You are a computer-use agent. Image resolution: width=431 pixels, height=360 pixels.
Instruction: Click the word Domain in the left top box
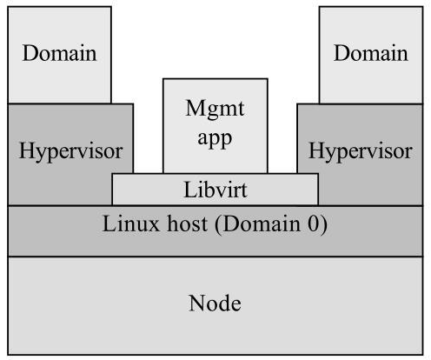(60, 53)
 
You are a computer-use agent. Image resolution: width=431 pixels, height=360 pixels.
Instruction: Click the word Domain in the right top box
(371, 53)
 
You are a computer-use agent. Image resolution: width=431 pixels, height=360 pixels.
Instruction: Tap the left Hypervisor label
(70, 152)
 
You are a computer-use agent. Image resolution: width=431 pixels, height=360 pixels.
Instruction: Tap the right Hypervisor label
(361, 152)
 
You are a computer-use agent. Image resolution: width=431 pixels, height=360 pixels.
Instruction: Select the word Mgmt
(215, 110)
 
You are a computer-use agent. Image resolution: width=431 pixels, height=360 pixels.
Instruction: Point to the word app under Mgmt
(215, 137)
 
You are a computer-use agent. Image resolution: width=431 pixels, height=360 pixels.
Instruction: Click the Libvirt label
(215, 189)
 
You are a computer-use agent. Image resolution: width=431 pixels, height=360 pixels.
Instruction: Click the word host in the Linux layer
(185, 225)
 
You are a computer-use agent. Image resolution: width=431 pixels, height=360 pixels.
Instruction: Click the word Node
(215, 304)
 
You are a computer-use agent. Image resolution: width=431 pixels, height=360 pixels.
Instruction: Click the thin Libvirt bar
(139, 189)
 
